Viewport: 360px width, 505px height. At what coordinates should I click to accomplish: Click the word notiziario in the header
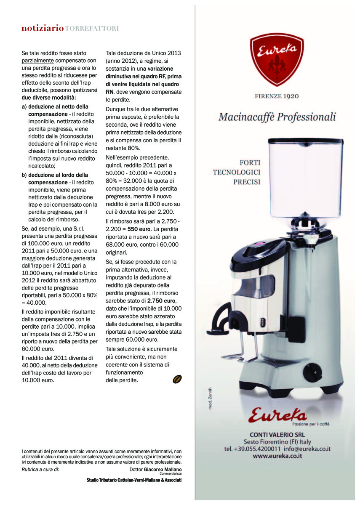(x=43, y=29)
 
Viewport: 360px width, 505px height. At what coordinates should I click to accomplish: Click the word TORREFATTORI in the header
(x=92, y=29)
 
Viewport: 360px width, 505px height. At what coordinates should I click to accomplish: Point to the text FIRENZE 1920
(x=277, y=96)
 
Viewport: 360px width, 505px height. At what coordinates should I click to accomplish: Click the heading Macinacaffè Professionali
(x=277, y=117)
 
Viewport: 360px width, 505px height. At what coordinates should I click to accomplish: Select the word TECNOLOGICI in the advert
(x=237, y=172)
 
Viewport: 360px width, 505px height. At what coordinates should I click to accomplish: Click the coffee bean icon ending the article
(x=177, y=379)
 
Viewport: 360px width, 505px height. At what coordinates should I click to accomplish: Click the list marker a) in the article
(x=24, y=107)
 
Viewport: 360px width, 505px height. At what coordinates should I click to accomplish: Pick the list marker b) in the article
(x=24, y=175)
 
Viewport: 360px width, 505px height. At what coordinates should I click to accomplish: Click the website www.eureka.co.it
(x=277, y=456)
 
